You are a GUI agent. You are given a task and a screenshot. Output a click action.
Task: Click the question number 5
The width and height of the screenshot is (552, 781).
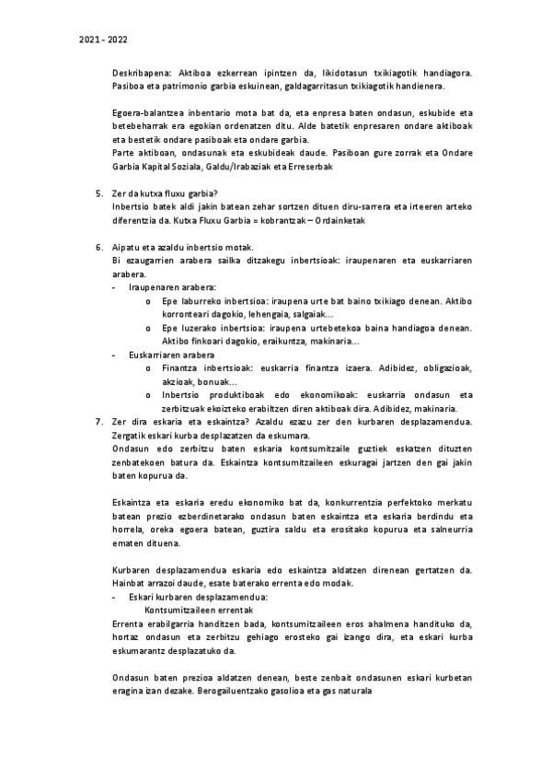99,193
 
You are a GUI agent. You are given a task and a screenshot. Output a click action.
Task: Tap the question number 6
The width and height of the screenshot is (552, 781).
99,248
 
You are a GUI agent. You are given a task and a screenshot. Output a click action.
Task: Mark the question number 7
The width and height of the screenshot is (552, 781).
99,421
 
